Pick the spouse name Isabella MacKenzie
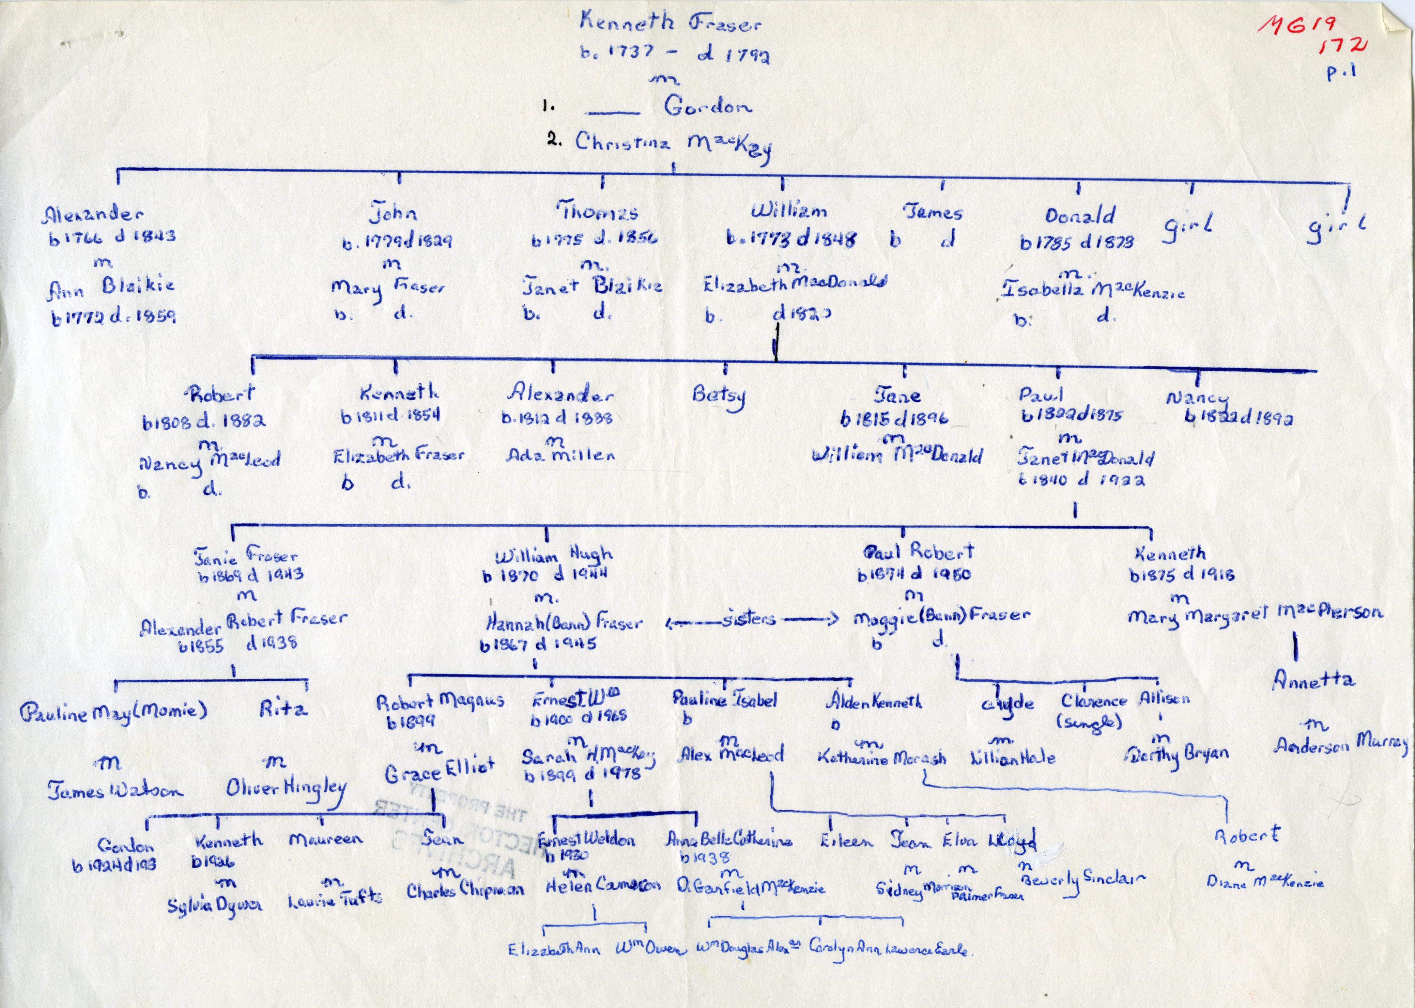(x=1092, y=289)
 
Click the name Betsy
(x=719, y=395)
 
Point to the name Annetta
(x=1313, y=680)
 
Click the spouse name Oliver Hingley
(x=285, y=789)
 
